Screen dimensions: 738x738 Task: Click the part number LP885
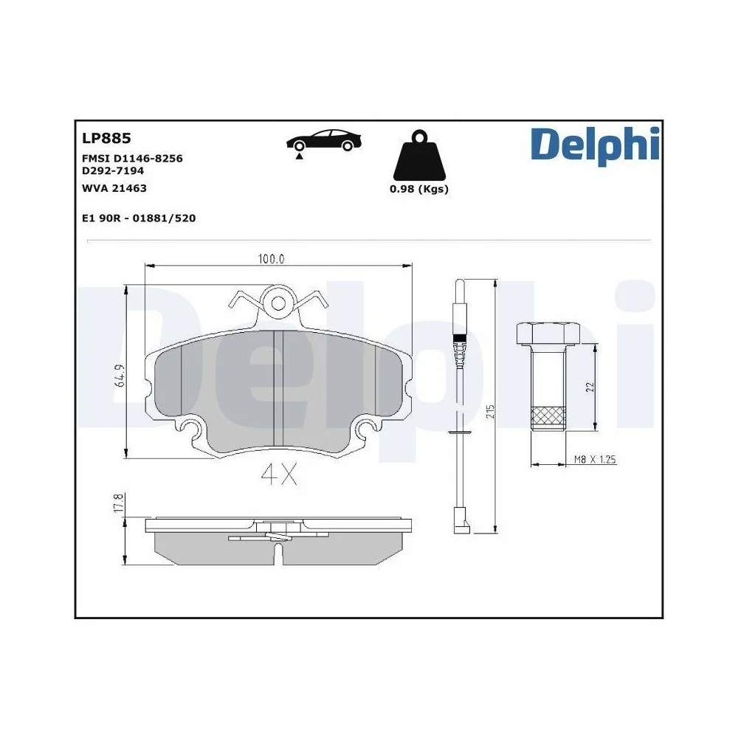click(106, 137)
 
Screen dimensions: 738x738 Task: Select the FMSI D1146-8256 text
click(131, 159)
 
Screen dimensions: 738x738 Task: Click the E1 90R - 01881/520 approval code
click(138, 218)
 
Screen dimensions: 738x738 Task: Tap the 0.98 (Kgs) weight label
click(419, 189)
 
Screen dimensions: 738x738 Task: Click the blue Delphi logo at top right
click(594, 145)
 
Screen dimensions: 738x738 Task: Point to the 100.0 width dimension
click(271, 259)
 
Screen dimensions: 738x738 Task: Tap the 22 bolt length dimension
click(590, 387)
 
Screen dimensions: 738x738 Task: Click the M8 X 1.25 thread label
click(595, 460)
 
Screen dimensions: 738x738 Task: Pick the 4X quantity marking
click(278, 476)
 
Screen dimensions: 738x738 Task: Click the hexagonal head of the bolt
click(547, 334)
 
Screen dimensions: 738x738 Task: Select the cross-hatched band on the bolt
click(547, 417)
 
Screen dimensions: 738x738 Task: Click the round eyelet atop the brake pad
click(278, 302)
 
